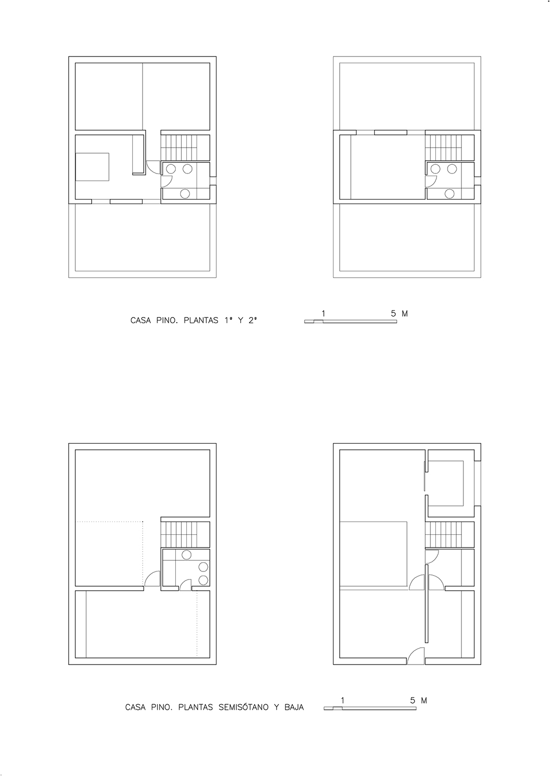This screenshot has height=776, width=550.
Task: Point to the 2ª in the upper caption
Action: pos(253,321)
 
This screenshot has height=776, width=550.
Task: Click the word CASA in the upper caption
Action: pos(141,321)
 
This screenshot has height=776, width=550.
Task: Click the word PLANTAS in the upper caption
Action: pos(201,321)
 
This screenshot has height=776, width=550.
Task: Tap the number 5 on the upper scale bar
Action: pos(393,313)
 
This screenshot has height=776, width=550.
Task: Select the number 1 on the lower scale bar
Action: pos(343,701)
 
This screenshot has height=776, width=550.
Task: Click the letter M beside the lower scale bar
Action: pos(424,701)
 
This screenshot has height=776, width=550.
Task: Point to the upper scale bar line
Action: pos(350,322)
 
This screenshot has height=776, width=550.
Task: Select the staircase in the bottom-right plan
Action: pos(444,535)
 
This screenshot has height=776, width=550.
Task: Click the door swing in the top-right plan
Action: pos(431,181)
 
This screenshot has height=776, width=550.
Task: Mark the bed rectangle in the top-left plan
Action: pos(92,166)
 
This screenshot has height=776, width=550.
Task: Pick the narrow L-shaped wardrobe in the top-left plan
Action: pos(138,155)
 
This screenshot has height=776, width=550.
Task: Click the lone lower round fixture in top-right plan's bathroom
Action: pos(450,193)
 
